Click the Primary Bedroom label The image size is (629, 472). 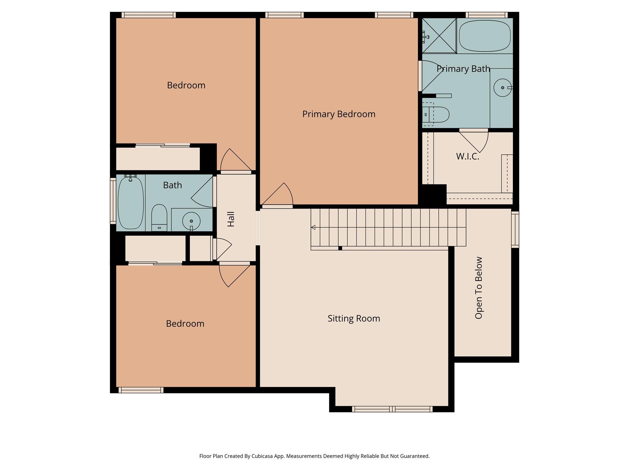(338, 114)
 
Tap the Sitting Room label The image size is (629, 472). (354, 318)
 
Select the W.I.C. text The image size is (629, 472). (467, 156)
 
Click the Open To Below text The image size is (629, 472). (479, 288)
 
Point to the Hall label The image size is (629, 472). (231, 219)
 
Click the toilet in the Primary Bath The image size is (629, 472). (436, 115)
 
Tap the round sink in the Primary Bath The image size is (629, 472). (502, 88)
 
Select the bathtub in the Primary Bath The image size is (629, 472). (485, 36)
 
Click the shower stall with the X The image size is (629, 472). (439, 35)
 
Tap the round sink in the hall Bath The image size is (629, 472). (191, 221)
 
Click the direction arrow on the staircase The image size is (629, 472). (313, 227)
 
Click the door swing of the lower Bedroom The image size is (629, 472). (232, 275)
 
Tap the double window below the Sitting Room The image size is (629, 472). (392, 409)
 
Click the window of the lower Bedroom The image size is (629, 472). (141, 390)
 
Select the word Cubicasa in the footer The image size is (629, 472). (263, 456)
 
